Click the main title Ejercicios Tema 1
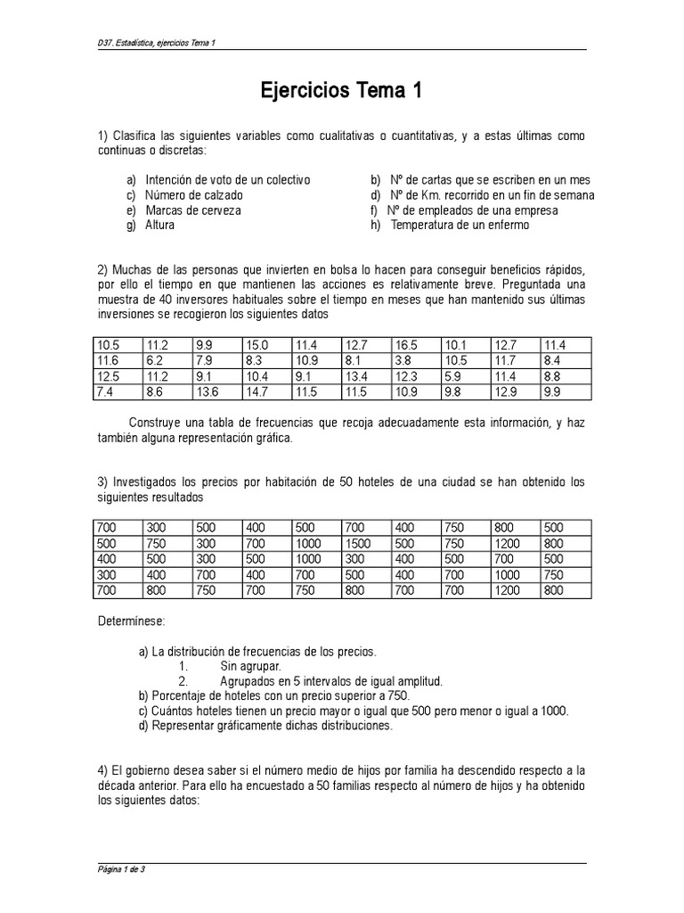[x=341, y=91]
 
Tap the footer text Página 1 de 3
[x=120, y=869]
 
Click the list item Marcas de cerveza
[x=192, y=210]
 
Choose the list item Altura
[x=160, y=226]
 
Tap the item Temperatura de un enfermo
[x=460, y=226]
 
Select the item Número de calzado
[x=193, y=195]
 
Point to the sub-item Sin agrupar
[x=250, y=666]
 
